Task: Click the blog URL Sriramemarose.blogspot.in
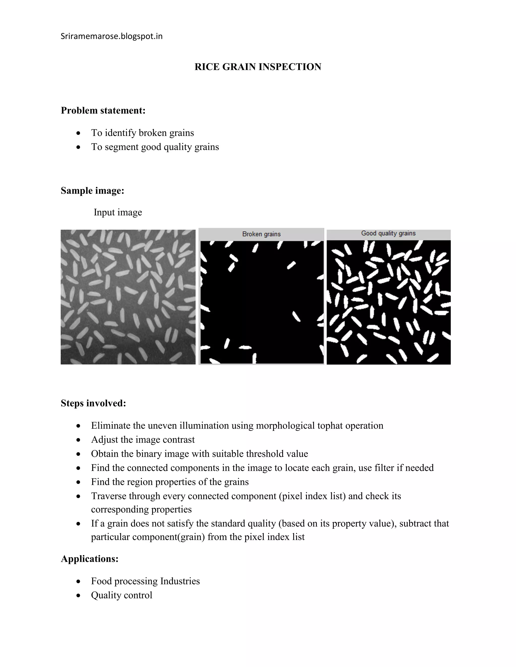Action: [x=112, y=36]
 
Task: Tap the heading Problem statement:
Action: [x=103, y=110]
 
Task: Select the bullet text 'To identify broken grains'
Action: [x=142, y=133]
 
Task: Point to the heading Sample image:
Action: [x=92, y=191]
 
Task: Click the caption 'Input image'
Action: [x=118, y=212]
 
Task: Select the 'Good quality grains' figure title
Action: [x=388, y=233]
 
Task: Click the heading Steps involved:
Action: [x=93, y=403]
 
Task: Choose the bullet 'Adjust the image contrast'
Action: [x=143, y=439]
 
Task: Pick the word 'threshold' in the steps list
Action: [x=264, y=454]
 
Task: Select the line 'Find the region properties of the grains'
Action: [x=170, y=481]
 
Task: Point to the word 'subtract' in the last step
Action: [x=415, y=523]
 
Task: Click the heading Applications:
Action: [x=89, y=559]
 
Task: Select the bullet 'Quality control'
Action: [x=121, y=595]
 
